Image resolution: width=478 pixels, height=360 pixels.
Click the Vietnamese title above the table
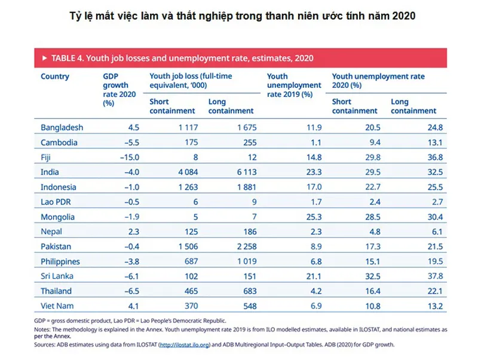click(240, 16)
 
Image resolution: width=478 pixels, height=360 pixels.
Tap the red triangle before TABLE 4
click(45, 58)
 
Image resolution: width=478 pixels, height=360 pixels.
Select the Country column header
click(55, 77)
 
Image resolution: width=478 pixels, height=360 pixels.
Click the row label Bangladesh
click(62, 127)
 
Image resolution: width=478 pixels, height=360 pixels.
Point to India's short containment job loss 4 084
click(182, 172)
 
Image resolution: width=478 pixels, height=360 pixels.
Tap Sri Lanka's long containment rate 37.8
click(431, 276)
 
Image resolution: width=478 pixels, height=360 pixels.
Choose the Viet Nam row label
click(57, 306)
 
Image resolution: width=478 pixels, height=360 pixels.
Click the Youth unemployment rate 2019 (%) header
click(290, 85)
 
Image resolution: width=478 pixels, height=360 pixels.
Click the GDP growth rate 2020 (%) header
click(119, 90)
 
